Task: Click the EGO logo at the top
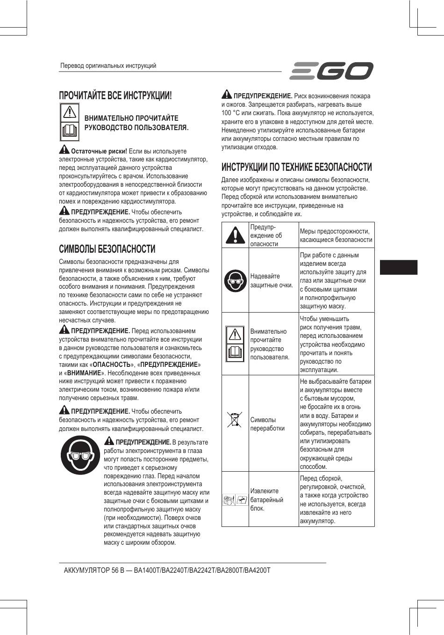click(331, 71)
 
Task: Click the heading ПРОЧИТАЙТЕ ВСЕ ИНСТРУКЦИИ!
click(115, 95)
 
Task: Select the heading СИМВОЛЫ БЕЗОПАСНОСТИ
click(107, 249)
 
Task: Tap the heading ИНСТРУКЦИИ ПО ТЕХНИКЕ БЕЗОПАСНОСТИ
click(297, 167)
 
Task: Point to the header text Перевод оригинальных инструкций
click(108, 66)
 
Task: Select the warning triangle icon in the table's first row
click(235, 234)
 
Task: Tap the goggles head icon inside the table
click(235, 280)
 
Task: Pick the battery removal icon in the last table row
click(235, 500)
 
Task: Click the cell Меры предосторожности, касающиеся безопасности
click(336, 235)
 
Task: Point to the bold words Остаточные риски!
click(99, 151)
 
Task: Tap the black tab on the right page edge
click(398, 267)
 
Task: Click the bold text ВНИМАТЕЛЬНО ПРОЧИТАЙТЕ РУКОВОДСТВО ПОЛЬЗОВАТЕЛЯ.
click(136, 123)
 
